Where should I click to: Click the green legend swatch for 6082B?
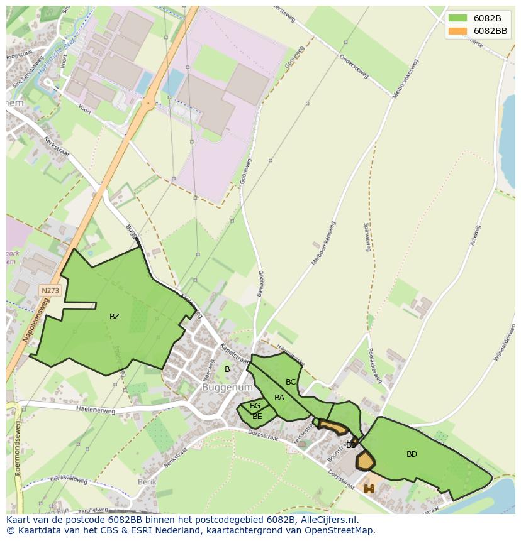pos(457,18)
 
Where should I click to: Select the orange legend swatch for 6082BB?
pos(457,31)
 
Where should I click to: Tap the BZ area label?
pos(114,317)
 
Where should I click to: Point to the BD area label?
pos(412,454)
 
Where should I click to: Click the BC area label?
pos(291,382)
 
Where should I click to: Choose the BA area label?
pos(279,398)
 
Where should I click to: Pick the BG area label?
pos(255,407)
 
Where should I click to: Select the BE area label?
pos(257,417)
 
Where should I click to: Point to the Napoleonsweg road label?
pos(36,320)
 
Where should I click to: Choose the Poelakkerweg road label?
pos(374,366)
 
